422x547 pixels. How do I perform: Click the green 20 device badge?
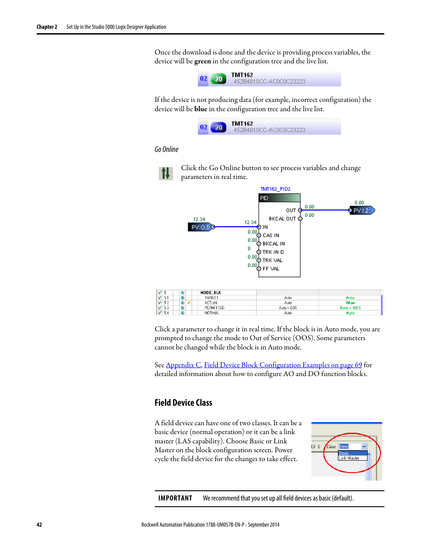click(x=218, y=79)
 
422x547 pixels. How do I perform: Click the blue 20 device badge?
click(x=218, y=128)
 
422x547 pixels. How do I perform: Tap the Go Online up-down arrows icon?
click(x=165, y=173)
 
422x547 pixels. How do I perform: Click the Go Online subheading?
click(x=166, y=150)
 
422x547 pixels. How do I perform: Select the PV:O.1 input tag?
click(x=200, y=227)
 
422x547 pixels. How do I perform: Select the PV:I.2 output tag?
click(x=361, y=210)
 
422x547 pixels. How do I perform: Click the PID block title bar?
click(x=279, y=198)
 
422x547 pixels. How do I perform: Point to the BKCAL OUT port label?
click(x=282, y=219)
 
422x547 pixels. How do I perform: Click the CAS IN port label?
click(x=271, y=236)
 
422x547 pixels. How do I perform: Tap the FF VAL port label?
click(x=271, y=269)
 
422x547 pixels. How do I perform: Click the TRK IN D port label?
click(x=273, y=252)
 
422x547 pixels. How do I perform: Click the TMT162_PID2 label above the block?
click(x=275, y=189)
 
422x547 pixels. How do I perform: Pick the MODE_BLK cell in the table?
click(x=211, y=293)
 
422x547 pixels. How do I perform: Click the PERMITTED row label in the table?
click(x=214, y=308)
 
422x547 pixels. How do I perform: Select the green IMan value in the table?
click(x=350, y=303)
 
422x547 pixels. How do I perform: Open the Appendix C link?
click(x=183, y=365)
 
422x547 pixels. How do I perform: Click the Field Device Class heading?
click(x=183, y=403)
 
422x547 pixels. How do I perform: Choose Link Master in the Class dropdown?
click(x=349, y=458)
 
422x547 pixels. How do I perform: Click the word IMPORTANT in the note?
click(x=175, y=498)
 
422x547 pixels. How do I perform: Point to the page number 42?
click(x=39, y=525)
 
